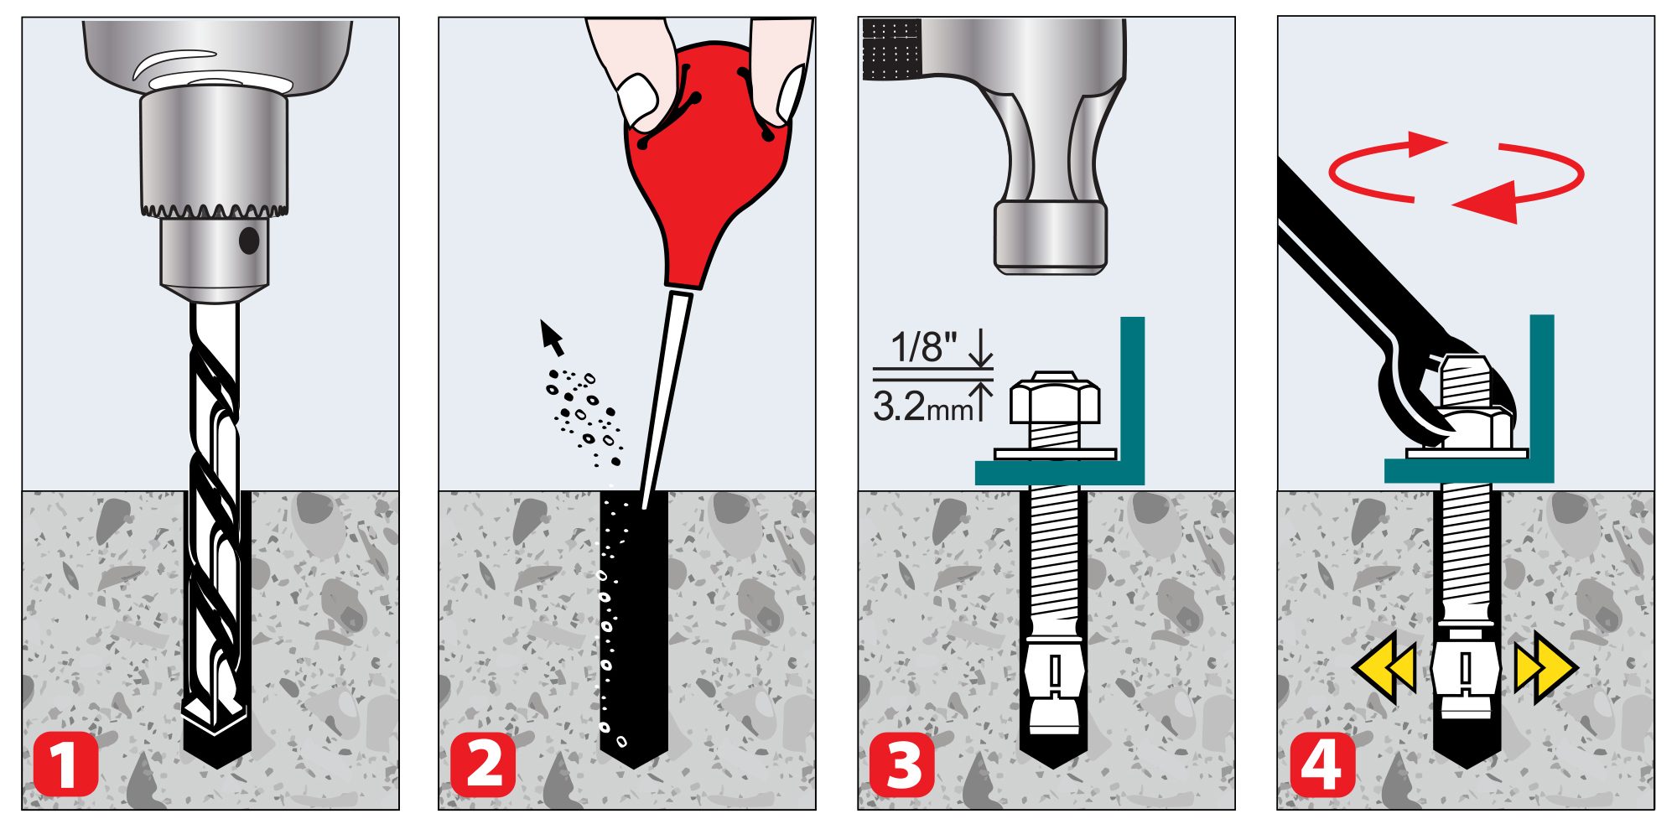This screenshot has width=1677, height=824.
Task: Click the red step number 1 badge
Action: pos(65,764)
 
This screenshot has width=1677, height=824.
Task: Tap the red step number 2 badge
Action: pos(484,764)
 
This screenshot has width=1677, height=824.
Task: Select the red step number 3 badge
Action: pos(902,764)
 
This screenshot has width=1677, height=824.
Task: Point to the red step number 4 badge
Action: pos(1322,764)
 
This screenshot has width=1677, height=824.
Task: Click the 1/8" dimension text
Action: pos(923,346)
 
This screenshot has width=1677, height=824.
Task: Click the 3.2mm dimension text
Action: pos(922,407)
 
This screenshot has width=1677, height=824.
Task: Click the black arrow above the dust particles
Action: pos(551,337)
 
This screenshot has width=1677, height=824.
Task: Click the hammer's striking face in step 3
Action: pos(1050,267)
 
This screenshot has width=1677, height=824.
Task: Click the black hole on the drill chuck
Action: pos(249,241)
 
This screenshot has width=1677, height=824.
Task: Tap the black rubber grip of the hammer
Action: pos(891,49)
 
